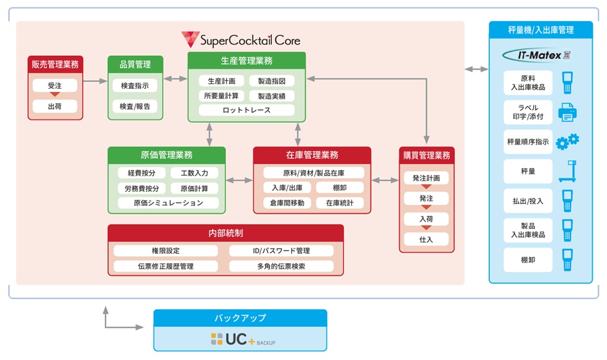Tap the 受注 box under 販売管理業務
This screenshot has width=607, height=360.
pyautogui.click(x=55, y=84)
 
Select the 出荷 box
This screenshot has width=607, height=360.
pyautogui.click(x=55, y=106)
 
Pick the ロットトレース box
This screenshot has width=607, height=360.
pyautogui.click(x=246, y=110)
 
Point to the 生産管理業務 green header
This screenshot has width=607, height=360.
pyautogui.click(x=246, y=60)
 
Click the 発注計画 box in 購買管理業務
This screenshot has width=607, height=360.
pyautogui.click(x=426, y=178)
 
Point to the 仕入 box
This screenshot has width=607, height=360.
pyautogui.click(x=426, y=239)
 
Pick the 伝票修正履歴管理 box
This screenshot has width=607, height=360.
pyautogui.click(x=166, y=266)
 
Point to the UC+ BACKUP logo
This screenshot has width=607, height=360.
pyautogui.click(x=243, y=339)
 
